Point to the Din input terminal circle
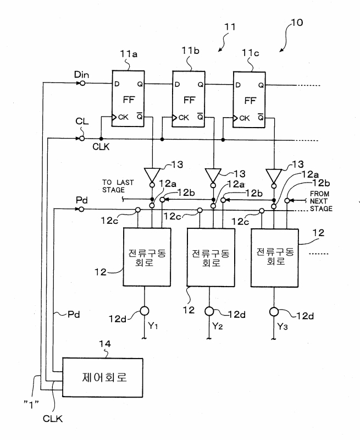click(x=82, y=83)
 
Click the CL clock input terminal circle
click(x=81, y=139)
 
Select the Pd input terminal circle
click(x=81, y=209)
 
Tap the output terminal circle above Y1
click(x=145, y=311)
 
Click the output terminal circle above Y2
click(x=209, y=311)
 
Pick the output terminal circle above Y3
click(x=274, y=312)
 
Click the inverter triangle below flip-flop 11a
click(x=152, y=175)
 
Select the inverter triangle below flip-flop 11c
click(x=274, y=175)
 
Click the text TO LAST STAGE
click(x=118, y=186)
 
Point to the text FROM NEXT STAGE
click(x=321, y=201)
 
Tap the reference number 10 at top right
click(x=297, y=23)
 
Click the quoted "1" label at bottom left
click(x=31, y=404)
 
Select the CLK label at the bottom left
click(x=53, y=419)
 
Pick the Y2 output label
click(x=218, y=326)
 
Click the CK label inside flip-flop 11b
click(x=184, y=118)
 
